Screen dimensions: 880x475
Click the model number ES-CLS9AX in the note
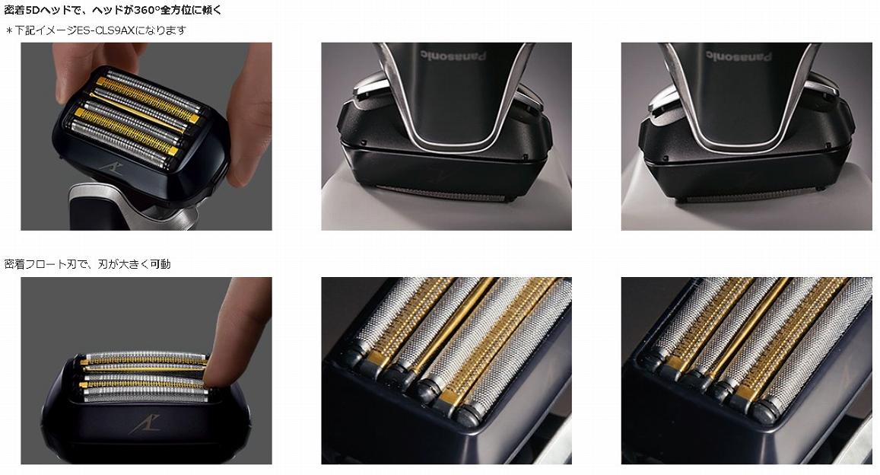click(x=106, y=30)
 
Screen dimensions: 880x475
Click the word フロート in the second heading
click(x=46, y=264)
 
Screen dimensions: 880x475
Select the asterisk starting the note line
click(x=8, y=31)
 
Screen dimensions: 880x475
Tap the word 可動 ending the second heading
click(x=160, y=264)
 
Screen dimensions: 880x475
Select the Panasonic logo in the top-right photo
click(x=738, y=56)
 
